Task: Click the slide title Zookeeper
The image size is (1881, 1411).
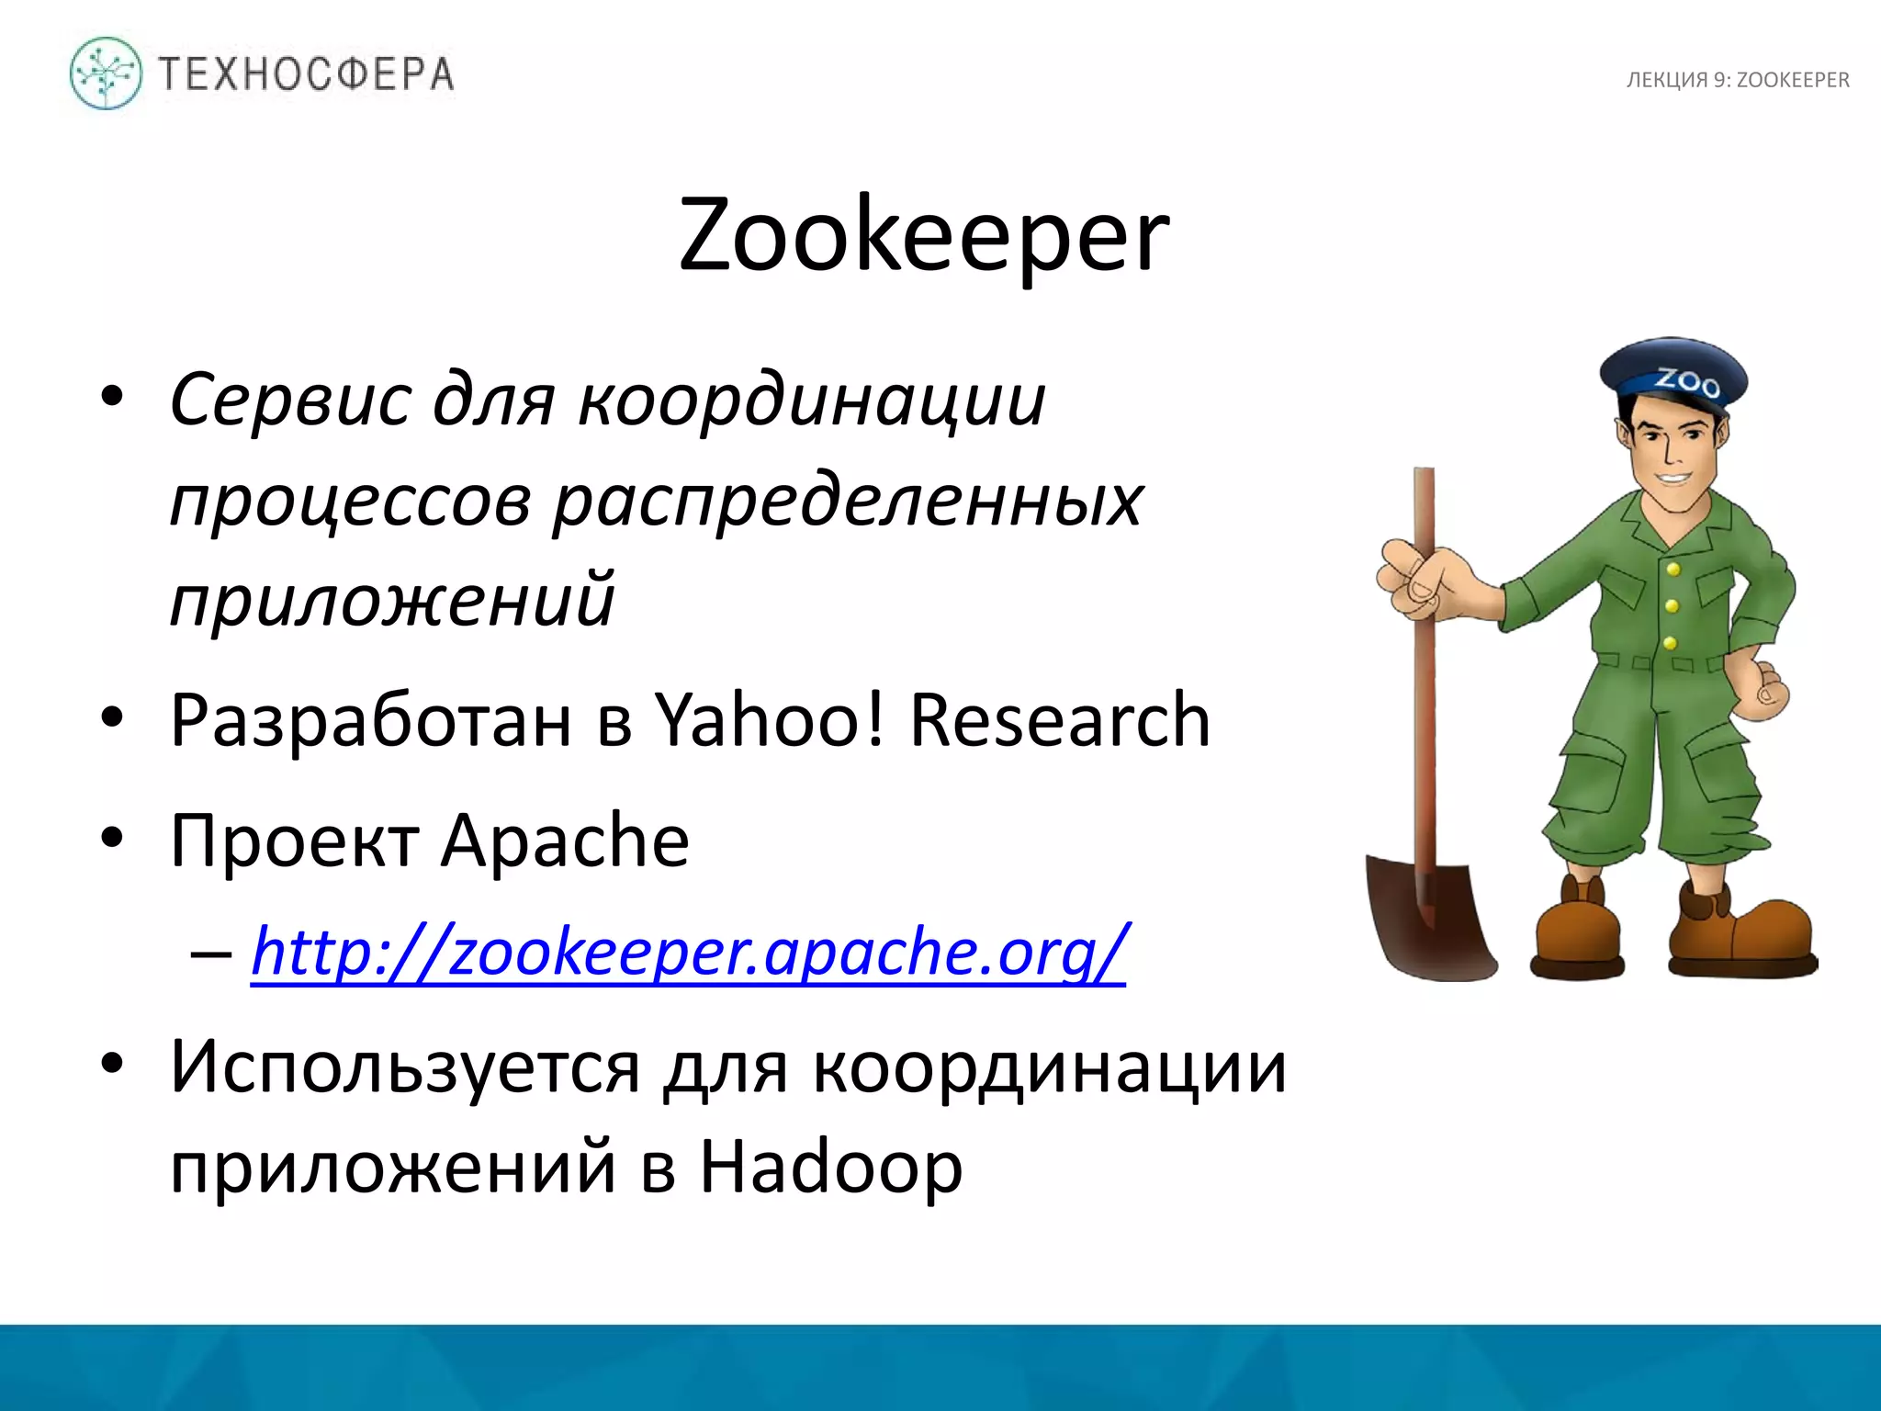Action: click(923, 236)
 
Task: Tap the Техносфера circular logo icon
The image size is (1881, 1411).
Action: click(106, 73)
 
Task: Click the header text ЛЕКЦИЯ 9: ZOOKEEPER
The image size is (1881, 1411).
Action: click(1738, 81)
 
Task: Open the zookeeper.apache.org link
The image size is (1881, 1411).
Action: click(689, 952)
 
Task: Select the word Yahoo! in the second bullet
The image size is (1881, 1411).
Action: click(771, 720)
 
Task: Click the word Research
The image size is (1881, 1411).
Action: click(1059, 720)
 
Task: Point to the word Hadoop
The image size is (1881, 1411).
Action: click(831, 1167)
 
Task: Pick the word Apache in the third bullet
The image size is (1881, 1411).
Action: click(565, 840)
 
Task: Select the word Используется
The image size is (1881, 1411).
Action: click(405, 1067)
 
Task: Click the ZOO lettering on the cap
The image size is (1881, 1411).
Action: click(1688, 381)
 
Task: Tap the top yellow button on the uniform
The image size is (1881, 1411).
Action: click(1673, 570)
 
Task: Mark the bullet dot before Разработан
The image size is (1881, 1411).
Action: click(112, 717)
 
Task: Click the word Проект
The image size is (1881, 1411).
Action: click(295, 840)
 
